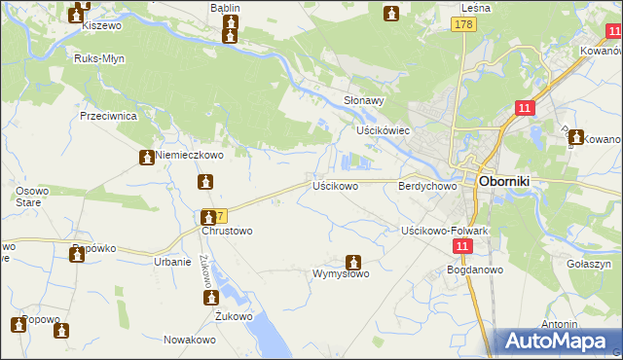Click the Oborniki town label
click(511, 182)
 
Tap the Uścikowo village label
click(335, 185)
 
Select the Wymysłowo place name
click(340, 274)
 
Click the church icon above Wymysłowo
click(353, 262)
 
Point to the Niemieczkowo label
click(190, 155)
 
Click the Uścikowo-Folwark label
click(444, 231)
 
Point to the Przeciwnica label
click(108, 115)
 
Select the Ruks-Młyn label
click(97, 57)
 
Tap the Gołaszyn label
click(588, 264)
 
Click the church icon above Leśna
click(391, 14)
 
